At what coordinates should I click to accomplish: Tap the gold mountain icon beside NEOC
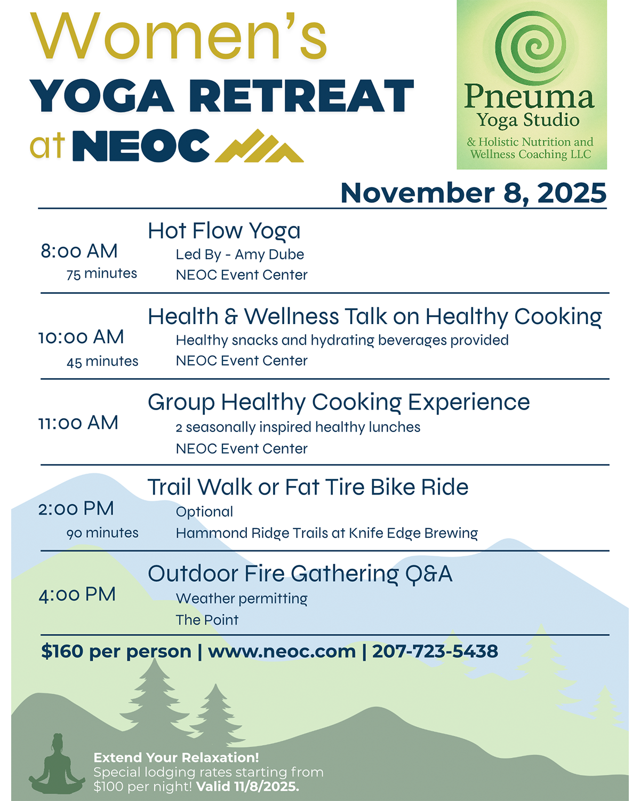259,146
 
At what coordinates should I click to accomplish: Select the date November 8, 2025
473,193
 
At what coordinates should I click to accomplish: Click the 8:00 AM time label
79,251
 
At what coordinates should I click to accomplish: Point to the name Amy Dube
269,255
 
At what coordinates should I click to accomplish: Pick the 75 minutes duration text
101,274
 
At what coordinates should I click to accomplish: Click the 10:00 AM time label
81,337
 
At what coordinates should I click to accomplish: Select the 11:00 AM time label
78,423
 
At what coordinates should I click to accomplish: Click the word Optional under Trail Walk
204,512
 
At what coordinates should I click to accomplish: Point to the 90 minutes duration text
102,533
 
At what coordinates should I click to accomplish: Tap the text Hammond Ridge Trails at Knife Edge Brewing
326,533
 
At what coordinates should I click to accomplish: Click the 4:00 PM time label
77,594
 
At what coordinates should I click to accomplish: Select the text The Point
207,620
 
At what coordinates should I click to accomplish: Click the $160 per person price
116,651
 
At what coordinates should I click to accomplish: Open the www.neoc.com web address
282,651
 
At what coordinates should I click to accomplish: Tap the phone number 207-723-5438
435,651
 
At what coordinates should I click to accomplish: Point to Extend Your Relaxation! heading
176,757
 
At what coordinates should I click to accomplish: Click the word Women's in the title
179,36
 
